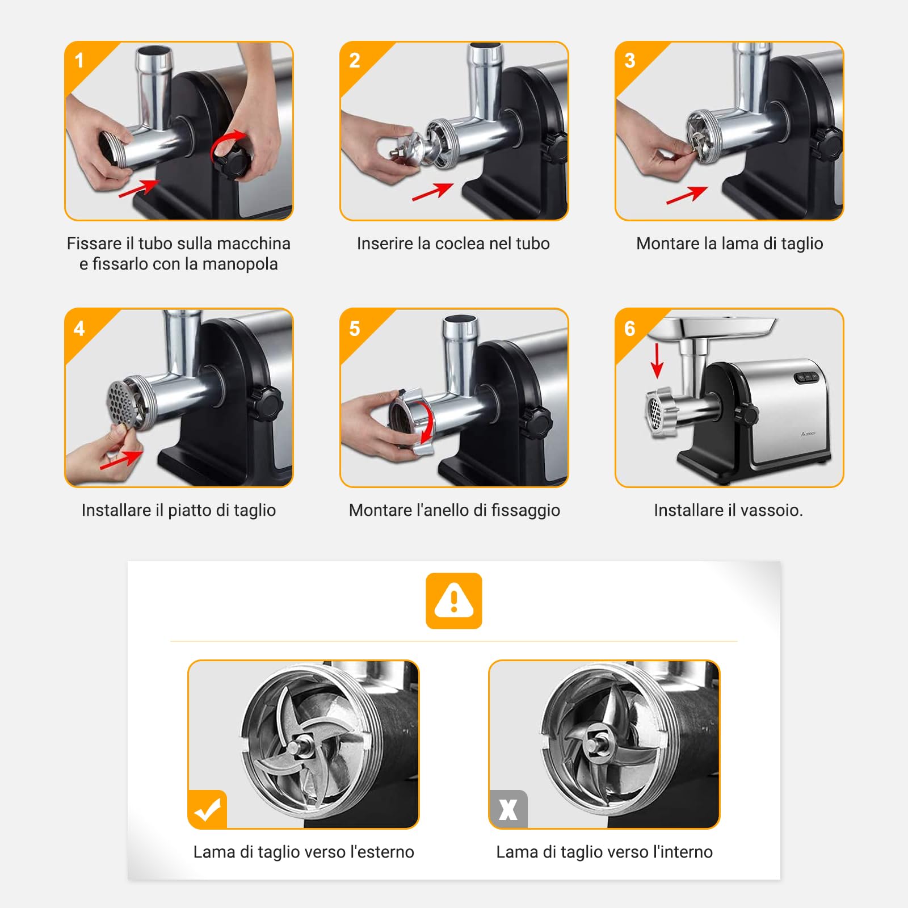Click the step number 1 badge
point(79,60)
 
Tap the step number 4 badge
point(79,328)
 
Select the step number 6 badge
point(629,328)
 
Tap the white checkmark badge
point(207,810)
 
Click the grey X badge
point(508,810)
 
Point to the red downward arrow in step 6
point(657,360)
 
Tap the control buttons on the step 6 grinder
point(806,377)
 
